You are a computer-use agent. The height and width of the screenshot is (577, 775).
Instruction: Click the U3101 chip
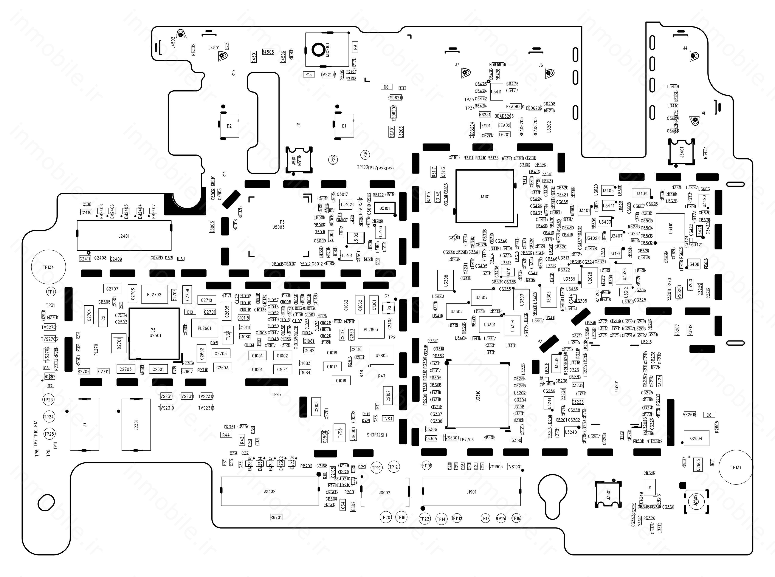coord(484,196)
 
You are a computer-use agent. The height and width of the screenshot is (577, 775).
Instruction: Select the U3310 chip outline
coord(478,396)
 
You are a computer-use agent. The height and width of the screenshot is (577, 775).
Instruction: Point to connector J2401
coord(124,236)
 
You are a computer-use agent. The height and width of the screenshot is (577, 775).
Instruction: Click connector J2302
coord(269,491)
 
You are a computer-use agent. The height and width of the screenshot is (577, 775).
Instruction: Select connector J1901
coord(471,492)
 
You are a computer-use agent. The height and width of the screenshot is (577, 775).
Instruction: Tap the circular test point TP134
coord(48,267)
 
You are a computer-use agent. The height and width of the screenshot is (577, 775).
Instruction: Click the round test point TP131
coord(736,467)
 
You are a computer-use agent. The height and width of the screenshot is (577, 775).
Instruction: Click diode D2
coord(229,126)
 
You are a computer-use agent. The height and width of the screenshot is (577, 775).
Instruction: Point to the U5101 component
coord(384,208)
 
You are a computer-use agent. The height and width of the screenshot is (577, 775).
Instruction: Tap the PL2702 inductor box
coord(154,294)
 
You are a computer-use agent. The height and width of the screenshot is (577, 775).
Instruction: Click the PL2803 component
coord(371,329)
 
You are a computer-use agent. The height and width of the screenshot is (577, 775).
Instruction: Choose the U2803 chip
coord(381,356)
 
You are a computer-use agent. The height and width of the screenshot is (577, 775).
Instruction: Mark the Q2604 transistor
coord(696,438)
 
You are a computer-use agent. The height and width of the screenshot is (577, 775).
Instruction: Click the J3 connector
coord(85,425)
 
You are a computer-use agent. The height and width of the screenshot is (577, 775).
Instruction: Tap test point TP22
coord(424,519)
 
